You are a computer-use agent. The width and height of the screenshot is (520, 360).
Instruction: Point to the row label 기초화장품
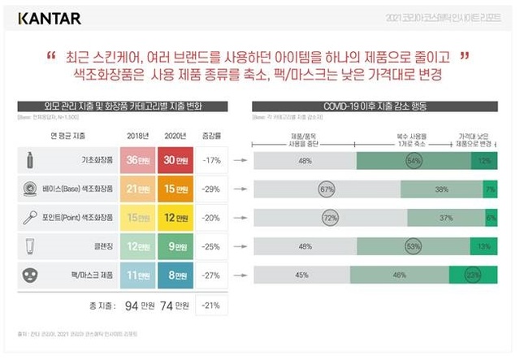96,160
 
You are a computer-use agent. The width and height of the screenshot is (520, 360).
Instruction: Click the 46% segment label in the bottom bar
399,275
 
